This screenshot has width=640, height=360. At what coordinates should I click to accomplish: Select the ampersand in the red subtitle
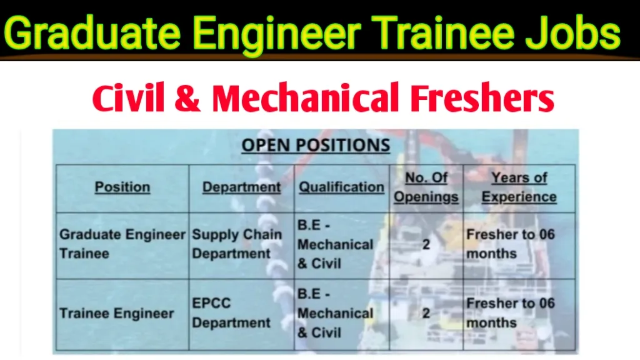[187, 98]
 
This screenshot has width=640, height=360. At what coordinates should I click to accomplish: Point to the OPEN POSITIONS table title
[316, 145]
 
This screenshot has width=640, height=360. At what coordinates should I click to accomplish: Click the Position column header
[122, 187]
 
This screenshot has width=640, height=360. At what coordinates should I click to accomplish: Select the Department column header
[242, 187]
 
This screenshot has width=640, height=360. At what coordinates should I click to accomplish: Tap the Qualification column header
[342, 187]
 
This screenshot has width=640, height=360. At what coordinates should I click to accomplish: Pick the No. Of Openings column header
[426, 187]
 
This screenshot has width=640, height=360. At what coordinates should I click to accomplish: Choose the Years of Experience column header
[519, 187]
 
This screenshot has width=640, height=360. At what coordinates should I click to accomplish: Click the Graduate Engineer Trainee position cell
[122, 244]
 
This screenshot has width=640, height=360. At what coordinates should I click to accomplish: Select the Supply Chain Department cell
[237, 244]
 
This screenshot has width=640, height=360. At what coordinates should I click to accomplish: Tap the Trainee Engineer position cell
[117, 314]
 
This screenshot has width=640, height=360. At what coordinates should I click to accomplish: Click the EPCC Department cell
[231, 313]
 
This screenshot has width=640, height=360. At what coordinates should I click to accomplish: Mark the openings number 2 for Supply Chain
[426, 244]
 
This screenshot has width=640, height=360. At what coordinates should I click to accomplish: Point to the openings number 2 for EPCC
[426, 314]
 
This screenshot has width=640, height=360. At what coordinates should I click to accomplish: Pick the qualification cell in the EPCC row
[336, 313]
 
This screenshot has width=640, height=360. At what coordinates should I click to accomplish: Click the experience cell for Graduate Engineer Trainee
[511, 244]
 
